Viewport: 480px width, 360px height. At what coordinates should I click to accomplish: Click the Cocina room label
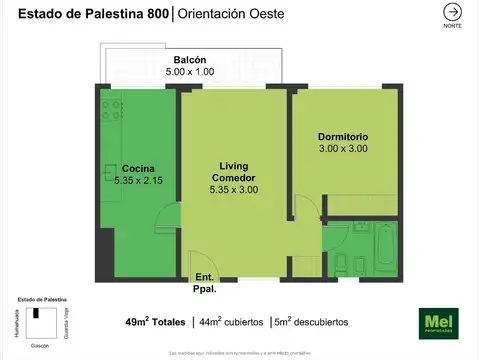[x=138, y=168]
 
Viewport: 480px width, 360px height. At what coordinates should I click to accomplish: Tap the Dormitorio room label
[x=343, y=136]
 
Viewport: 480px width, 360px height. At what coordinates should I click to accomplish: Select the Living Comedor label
[x=234, y=171]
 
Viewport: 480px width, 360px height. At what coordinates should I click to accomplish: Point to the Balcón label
[x=190, y=60]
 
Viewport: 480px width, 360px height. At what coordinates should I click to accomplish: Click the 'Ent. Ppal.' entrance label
[x=204, y=282]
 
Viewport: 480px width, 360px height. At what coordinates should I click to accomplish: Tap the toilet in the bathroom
[x=341, y=265]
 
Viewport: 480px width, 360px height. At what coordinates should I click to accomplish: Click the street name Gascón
[x=41, y=342]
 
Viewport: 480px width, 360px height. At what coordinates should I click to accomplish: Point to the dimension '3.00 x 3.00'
[x=343, y=148]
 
